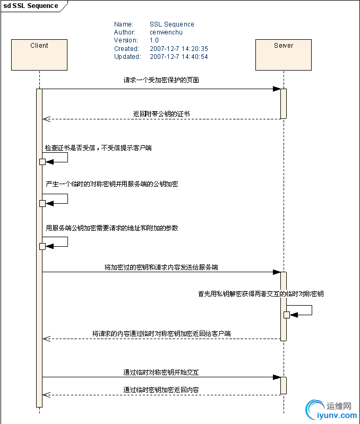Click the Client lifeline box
click(x=39, y=55)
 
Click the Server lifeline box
click(x=283, y=55)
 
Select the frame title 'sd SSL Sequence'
click(x=31, y=6)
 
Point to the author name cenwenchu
click(x=166, y=32)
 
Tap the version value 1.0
click(x=154, y=40)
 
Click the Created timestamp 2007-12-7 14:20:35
click(x=178, y=48)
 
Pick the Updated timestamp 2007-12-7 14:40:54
click(x=178, y=57)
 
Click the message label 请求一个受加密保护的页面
click(x=161, y=80)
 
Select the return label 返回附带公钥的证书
click(x=161, y=114)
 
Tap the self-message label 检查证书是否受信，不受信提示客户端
click(x=98, y=148)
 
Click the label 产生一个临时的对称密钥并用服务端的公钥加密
click(x=112, y=184)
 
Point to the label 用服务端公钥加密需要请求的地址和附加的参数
click(x=112, y=228)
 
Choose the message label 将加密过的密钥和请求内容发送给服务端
click(x=161, y=267)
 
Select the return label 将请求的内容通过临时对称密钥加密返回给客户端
click(x=161, y=334)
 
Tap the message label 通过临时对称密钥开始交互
click(x=161, y=373)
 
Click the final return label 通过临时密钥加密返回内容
click(x=161, y=390)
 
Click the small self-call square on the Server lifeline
click(x=287, y=315)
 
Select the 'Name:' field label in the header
click(x=123, y=24)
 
